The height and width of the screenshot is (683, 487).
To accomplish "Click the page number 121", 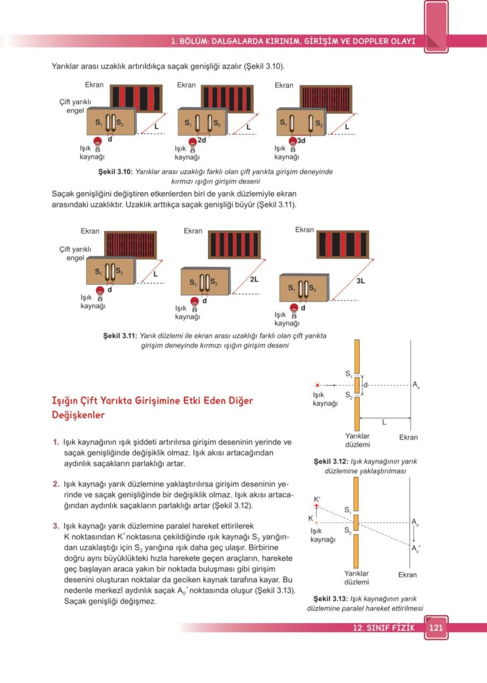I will [436, 628].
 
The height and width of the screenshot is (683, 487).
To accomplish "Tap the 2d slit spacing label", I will [201, 140].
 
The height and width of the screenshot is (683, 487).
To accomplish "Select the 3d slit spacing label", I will [301, 140].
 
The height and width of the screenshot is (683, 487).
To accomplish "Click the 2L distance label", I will [254, 279].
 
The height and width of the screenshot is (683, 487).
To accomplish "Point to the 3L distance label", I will [360, 281].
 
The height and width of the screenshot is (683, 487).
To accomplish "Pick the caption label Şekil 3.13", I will [332, 598].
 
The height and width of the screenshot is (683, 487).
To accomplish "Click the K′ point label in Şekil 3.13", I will [317, 499].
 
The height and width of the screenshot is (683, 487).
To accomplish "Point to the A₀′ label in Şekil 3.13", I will [415, 549].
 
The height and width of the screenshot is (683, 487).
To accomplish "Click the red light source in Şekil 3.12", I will [318, 385].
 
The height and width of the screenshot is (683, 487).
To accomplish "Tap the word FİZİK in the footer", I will [403, 628].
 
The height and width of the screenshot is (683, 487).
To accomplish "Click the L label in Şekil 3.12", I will [384, 422].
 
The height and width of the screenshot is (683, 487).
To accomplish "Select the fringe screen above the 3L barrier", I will [342, 245].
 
